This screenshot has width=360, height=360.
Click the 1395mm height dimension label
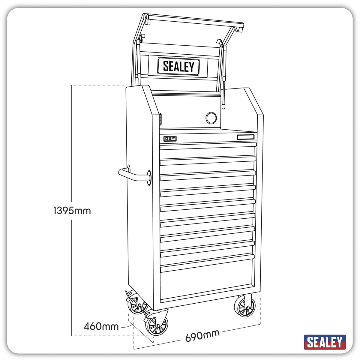click(x=72, y=211)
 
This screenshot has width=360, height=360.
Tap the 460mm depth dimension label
click(x=101, y=326)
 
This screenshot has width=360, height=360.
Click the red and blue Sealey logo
click(x=325, y=342)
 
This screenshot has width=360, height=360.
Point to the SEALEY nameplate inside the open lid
click(x=178, y=66)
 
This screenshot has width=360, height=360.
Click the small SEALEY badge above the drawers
click(x=170, y=139)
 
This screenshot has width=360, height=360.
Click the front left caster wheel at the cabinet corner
click(x=157, y=325)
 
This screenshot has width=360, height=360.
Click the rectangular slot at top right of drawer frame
click(x=245, y=137)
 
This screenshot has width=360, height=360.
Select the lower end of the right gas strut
click(x=223, y=106)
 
